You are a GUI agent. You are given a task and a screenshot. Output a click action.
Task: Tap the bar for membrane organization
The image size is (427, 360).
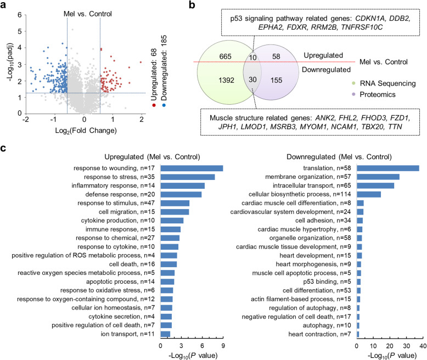pyautogui.click(x=378, y=177)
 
